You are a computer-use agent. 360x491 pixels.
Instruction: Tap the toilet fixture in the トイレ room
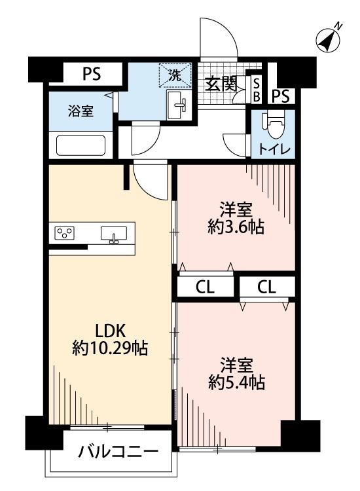pos(272,124)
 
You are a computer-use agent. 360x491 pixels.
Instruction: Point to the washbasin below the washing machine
pos(178,105)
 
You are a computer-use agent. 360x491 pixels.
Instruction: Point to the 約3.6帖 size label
pos(236,228)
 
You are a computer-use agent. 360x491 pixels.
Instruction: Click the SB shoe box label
pos(257,90)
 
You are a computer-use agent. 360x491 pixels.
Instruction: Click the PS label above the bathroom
pos(92,74)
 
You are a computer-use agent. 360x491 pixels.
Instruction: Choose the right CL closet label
pos(266,287)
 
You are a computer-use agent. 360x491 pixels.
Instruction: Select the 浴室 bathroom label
pos(81,111)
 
